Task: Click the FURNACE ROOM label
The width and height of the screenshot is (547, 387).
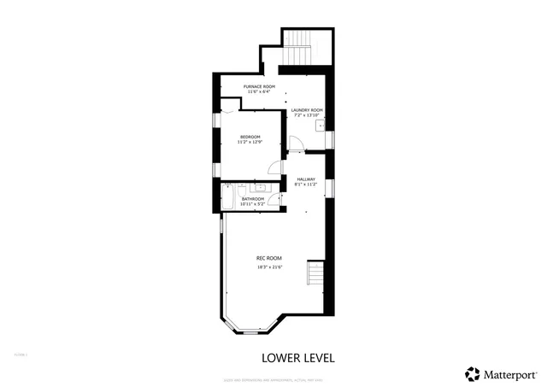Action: click(x=259, y=86)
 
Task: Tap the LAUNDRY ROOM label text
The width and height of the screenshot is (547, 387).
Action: click(x=306, y=109)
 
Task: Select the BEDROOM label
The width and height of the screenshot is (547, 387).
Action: click(x=250, y=137)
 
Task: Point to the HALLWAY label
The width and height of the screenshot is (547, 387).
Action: click(x=306, y=179)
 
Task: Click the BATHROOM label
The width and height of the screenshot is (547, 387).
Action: click(x=252, y=199)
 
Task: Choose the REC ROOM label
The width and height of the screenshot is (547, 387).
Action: click(x=269, y=258)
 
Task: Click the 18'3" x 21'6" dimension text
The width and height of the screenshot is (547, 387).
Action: click(x=269, y=267)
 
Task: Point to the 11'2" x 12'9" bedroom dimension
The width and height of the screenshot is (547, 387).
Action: click(x=250, y=143)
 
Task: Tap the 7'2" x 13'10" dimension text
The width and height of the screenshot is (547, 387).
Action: click(x=306, y=115)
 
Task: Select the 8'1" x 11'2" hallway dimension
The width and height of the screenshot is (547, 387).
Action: click(x=306, y=185)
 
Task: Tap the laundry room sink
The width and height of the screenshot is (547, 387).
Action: click(x=319, y=126)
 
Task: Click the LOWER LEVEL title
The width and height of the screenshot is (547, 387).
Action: click(x=297, y=356)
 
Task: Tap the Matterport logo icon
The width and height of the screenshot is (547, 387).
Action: click(x=472, y=373)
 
